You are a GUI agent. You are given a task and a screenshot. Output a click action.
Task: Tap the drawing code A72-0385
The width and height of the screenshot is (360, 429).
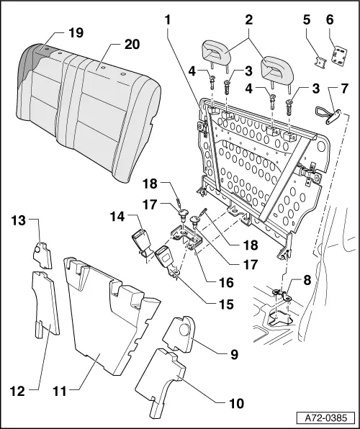click(327, 415)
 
